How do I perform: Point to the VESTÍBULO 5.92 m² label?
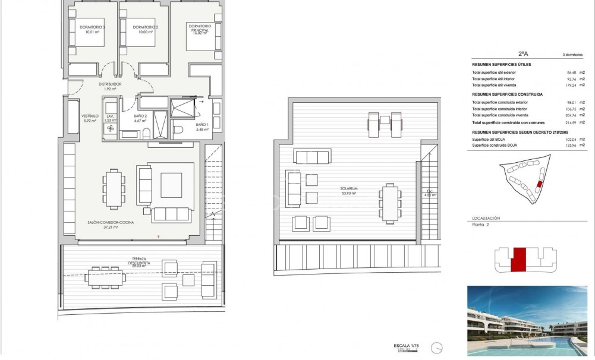pyautogui.click(x=90, y=118)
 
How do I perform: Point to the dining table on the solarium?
pyautogui.click(x=389, y=202)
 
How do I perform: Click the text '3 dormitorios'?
pyautogui.click(x=572, y=54)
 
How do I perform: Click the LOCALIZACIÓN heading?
pyautogui.click(x=486, y=219)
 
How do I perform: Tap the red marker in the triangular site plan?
pyautogui.click(x=539, y=185)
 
